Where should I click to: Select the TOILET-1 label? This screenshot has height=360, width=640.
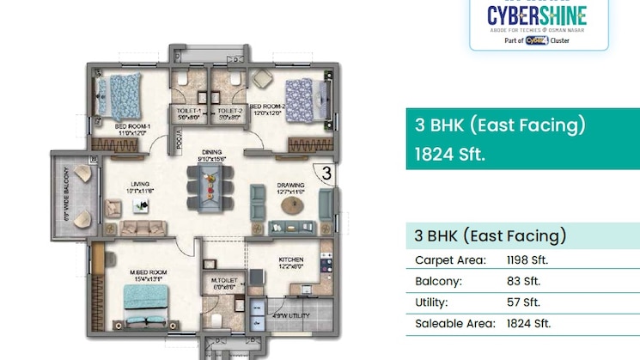(x=188, y=112)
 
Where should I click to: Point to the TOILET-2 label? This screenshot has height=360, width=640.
(x=229, y=112)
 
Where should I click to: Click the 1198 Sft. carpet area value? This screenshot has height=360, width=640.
(x=527, y=259)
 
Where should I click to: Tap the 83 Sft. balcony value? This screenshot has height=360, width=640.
(x=521, y=281)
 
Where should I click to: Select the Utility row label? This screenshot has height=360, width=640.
(x=433, y=302)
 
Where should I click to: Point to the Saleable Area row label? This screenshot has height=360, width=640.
(x=454, y=324)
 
